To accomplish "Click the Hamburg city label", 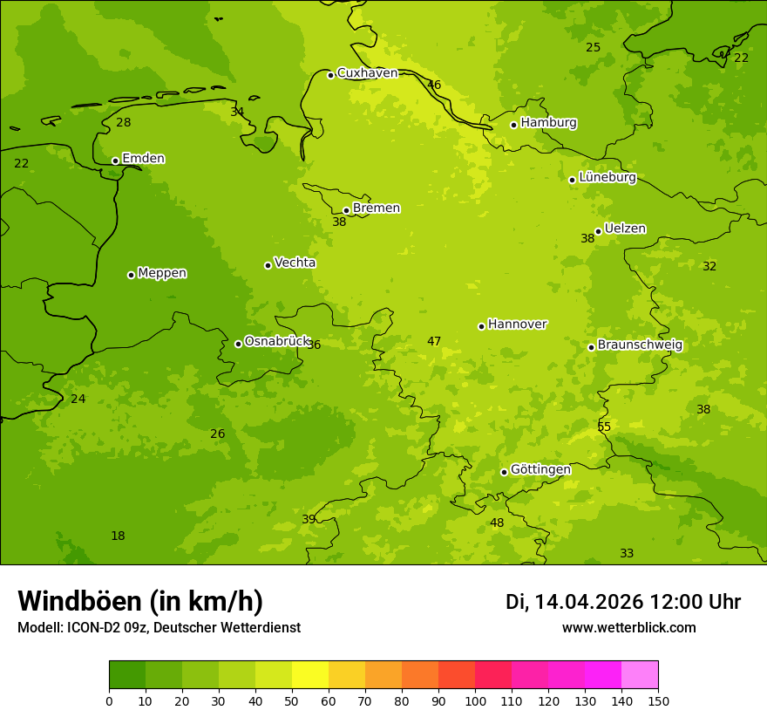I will [x=548, y=123].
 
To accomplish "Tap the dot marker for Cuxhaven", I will [x=330, y=75].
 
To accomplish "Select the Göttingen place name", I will [x=540, y=469].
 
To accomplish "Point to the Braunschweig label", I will [x=640, y=345].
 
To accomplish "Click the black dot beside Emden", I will [x=115, y=161].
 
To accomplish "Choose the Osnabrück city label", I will [x=277, y=341].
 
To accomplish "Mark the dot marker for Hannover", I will [x=481, y=326].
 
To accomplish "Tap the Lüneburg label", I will [x=607, y=177].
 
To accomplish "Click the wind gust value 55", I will [x=604, y=427].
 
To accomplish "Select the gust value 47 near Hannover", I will [x=434, y=341].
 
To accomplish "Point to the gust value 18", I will [x=118, y=536].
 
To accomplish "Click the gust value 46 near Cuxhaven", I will [x=434, y=85].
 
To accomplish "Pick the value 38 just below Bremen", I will [x=339, y=222].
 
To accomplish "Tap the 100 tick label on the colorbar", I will [x=475, y=700].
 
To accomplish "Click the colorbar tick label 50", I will [x=292, y=700].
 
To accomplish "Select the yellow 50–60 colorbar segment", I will [x=310, y=675].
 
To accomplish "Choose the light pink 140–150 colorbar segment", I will [x=640, y=675].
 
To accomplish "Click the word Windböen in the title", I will [x=79, y=601].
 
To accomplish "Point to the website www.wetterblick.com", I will [x=628, y=627].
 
